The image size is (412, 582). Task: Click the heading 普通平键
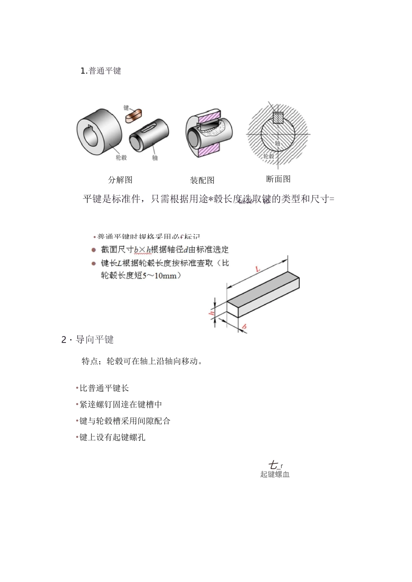pyautogui.click(x=105, y=71)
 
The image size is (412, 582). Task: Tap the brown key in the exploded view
pyautogui.click(x=134, y=116)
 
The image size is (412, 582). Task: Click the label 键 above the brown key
pyautogui.click(x=126, y=107)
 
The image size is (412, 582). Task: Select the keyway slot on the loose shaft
pyautogui.click(x=148, y=128)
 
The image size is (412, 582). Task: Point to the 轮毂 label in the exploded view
pyautogui.click(x=121, y=158)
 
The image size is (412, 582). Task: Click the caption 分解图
pyautogui.click(x=120, y=180)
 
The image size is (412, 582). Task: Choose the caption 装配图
pyautogui.click(x=202, y=180)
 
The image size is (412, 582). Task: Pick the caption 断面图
pyautogui.click(x=278, y=179)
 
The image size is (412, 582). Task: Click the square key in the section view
pyautogui.click(x=278, y=117)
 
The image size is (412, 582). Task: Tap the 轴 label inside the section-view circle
pyautogui.click(x=278, y=143)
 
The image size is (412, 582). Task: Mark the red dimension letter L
pyautogui.click(x=258, y=269)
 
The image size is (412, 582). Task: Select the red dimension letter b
pyautogui.click(x=244, y=326)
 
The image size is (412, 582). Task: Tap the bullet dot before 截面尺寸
pyautogui.click(x=93, y=250)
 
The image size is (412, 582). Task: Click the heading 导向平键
pyautogui.click(x=95, y=340)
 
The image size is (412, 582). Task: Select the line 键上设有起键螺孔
pyautogui.click(x=112, y=437)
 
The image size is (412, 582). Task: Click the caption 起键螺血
pyautogui.click(x=275, y=474)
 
